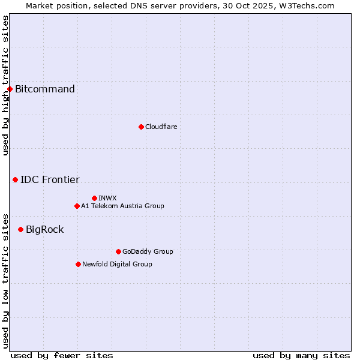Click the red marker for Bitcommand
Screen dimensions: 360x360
pyautogui.click(x=10, y=89)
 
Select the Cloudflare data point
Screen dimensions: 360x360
pyautogui.click(x=141, y=127)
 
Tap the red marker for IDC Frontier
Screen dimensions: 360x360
pyautogui.click(x=15, y=179)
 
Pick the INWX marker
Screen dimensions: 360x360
pyautogui.click(x=94, y=198)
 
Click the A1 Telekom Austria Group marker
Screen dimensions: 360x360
pyautogui.click(x=77, y=206)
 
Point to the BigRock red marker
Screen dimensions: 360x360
pyautogui.click(x=20, y=229)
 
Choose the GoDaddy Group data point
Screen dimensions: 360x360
pyautogui.click(x=118, y=251)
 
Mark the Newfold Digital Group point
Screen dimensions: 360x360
pyautogui.click(x=78, y=264)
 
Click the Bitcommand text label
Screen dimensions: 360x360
pyautogui.click(x=45, y=89)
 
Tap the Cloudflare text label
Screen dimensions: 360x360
pyautogui.click(x=161, y=127)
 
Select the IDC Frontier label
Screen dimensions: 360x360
pyautogui.click(x=50, y=179)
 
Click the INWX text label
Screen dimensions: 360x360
pyautogui.click(x=107, y=198)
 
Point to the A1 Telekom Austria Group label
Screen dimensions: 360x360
pyautogui.click(x=122, y=206)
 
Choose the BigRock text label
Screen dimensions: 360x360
pyautogui.click(x=44, y=229)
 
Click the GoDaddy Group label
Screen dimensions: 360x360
pyautogui.click(x=148, y=251)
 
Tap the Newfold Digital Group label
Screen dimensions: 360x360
pyautogui.click(x=117, y=264)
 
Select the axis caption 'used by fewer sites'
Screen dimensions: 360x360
pyautogui.click(x=62, y=355)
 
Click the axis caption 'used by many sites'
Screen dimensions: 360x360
pyautogui.click(x=301, y=355)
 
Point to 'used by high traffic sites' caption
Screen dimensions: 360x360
pyautogui.click(x=5, y=85)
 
